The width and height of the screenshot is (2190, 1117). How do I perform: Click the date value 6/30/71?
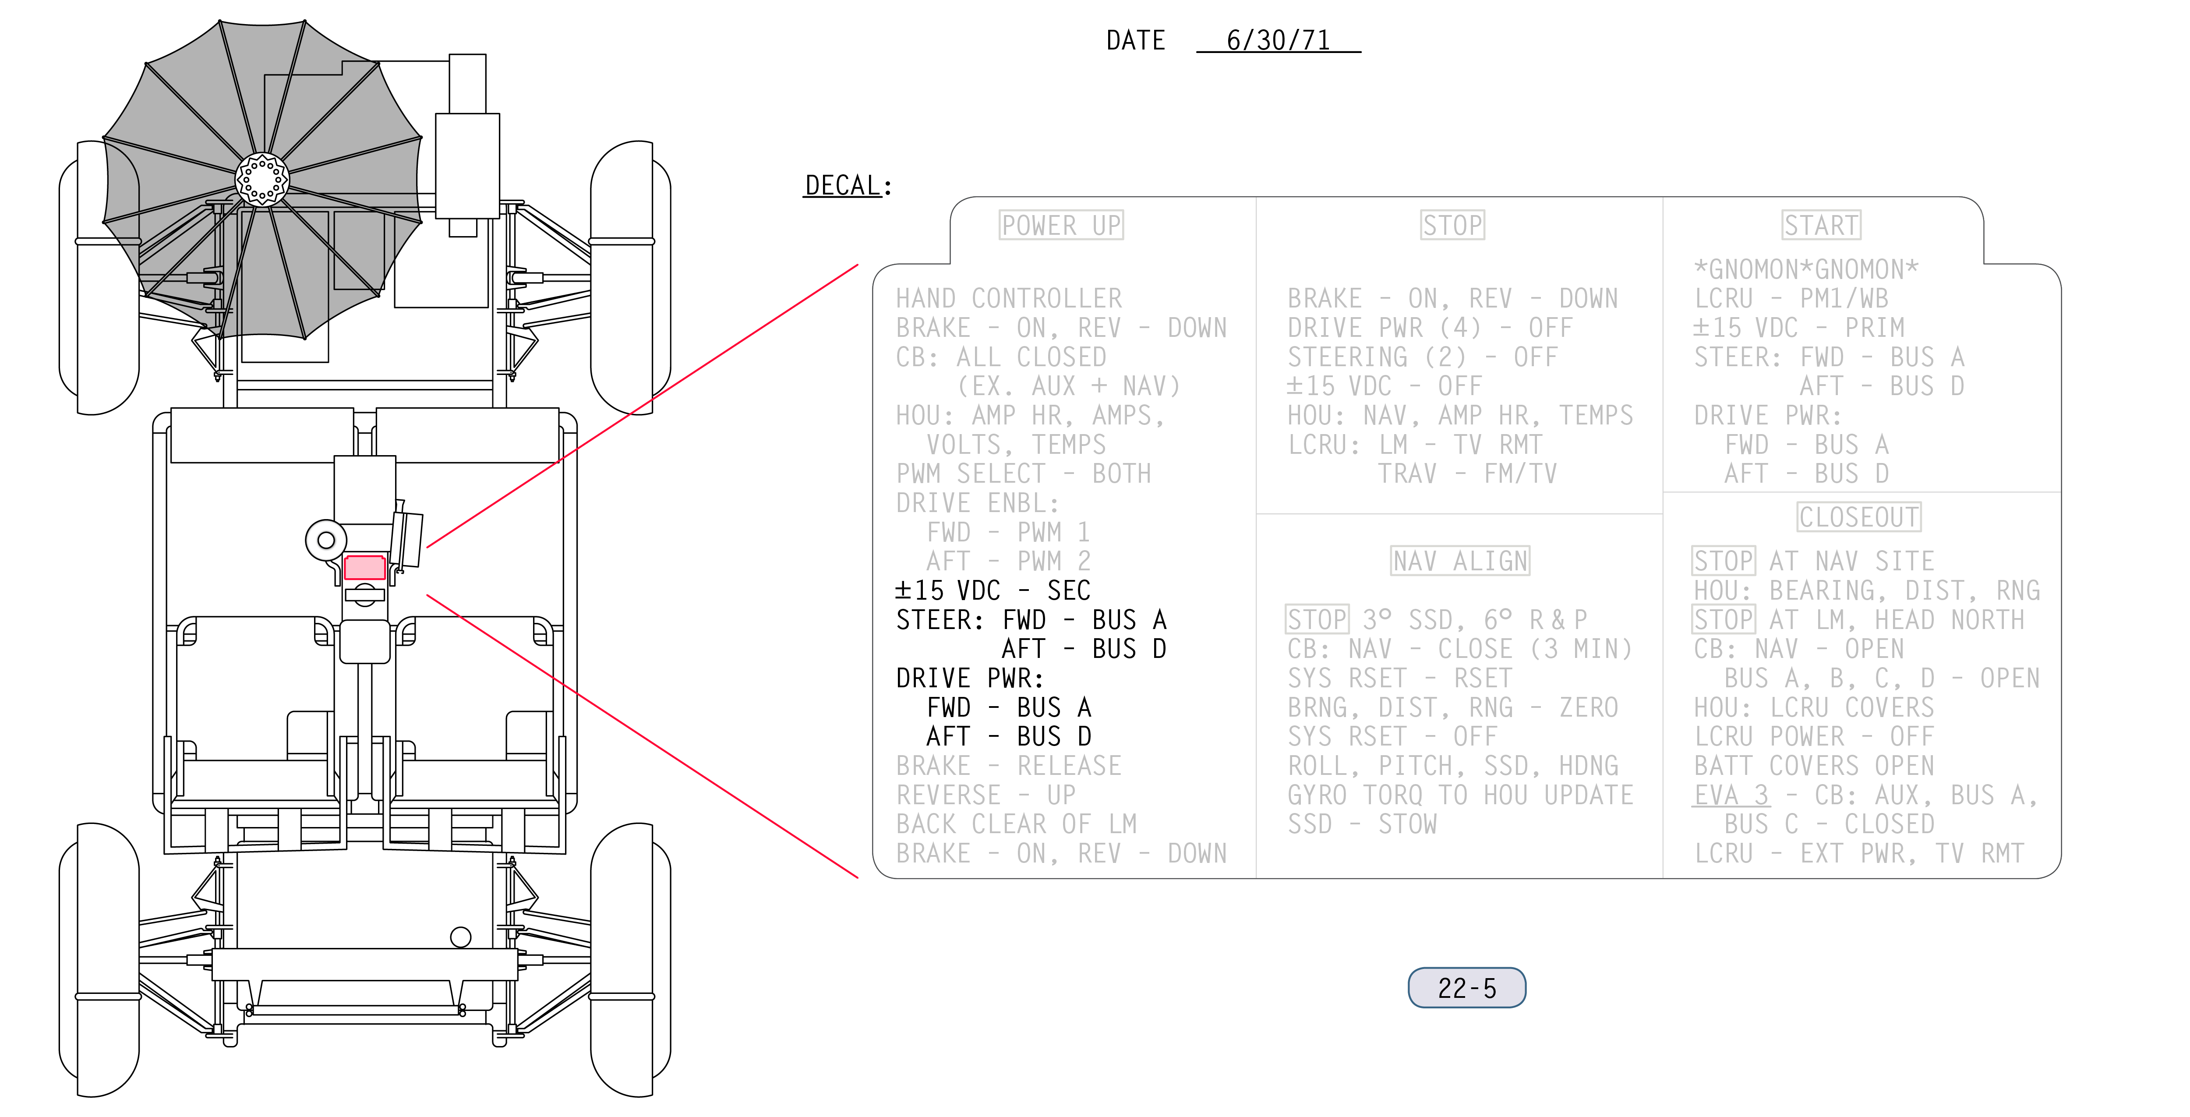[x=1278, y=40]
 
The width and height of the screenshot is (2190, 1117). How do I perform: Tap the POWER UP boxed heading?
[x=1061, y=225]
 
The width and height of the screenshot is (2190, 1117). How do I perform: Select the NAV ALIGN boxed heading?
[x=1460, y=561]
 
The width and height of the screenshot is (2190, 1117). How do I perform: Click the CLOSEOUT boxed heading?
[x=1859, y=517]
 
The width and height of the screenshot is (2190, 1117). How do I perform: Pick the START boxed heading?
[x=1821, y=225]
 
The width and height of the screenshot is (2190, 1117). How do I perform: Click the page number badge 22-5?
[x=1466, y=988]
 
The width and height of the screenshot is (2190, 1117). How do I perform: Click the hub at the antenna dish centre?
[x=262, y=179]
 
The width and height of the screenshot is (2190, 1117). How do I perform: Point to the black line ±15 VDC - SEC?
[x=992, y=590]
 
